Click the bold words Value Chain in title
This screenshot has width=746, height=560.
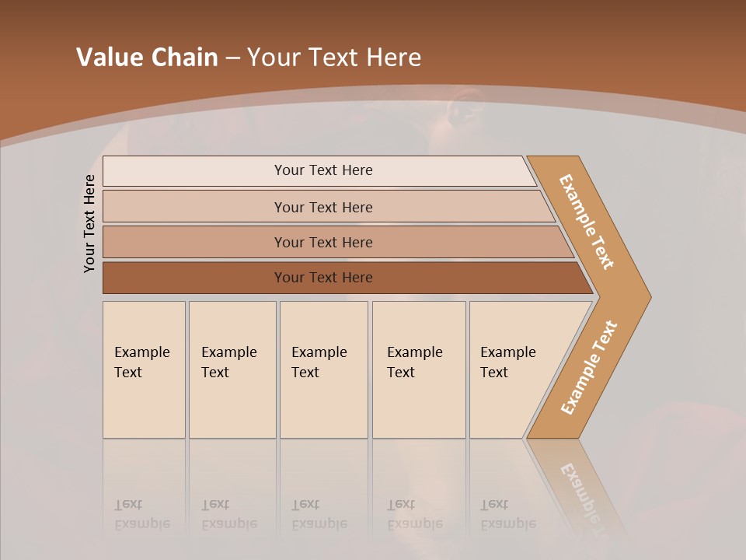[x=147, y=58]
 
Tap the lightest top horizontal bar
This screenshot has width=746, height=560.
[x=322, y=170]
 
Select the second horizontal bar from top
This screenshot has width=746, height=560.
[x=322, y=207]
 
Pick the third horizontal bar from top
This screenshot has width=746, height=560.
[x=322, y=242]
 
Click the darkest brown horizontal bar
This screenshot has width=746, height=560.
[x=322, y=278]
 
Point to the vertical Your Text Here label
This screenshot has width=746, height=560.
[x=89, y=223]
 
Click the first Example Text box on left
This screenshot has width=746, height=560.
[x=144, y=369]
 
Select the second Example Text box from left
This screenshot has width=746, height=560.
[x=232, y=369]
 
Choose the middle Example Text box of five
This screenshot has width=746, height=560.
[x=323, y=369]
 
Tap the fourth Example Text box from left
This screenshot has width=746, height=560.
[x=419, y=369]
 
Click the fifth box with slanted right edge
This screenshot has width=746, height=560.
[x=513, y=369]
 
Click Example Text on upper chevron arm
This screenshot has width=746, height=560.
[x=587, y=222]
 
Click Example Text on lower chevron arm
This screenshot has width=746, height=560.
[x=588, y=368]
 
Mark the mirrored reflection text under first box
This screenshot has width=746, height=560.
[x=142, y=515]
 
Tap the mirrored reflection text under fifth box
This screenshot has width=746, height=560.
[x=508, y=515]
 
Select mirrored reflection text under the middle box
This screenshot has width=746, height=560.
[x=319, y=515]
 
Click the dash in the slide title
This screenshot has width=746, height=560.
[x=232, y=58]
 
